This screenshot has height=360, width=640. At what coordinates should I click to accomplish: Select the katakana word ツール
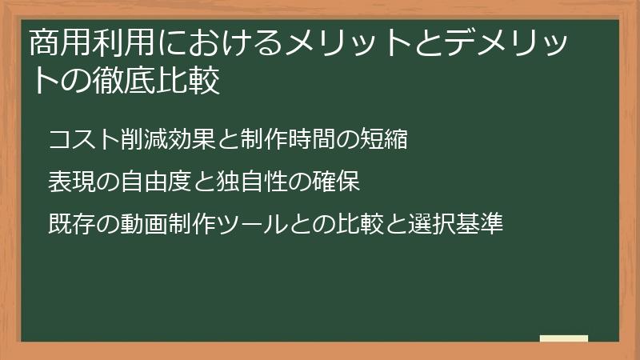[252, 224]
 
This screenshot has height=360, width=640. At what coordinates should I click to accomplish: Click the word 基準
[479, 224]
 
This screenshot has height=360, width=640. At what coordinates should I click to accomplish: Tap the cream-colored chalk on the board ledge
[564, 338]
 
